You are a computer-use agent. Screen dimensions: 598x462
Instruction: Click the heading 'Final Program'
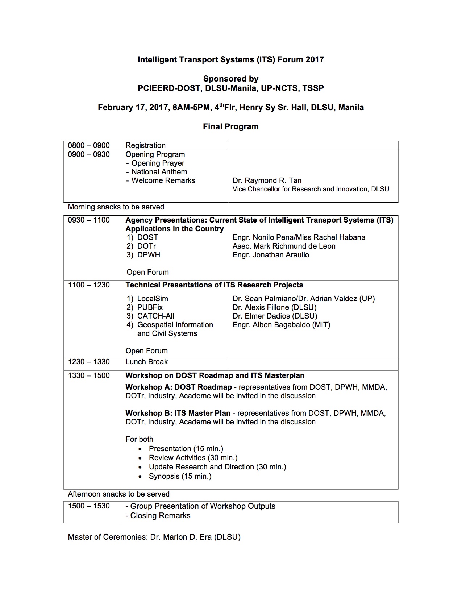(230, 127)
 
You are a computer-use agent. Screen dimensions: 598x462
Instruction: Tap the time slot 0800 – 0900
(89, 145)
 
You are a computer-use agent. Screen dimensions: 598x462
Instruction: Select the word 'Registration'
(145, 145)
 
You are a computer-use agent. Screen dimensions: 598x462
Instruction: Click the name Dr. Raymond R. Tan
(267, 180)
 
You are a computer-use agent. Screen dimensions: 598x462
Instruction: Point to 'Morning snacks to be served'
(116, 207)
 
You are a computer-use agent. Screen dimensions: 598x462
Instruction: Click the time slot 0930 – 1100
(89, 220)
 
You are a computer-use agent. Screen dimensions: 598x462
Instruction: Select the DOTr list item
(146, 246)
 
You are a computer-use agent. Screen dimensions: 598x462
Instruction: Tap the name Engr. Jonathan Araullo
(271, 255)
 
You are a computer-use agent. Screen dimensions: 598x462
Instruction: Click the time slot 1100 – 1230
(89, 285)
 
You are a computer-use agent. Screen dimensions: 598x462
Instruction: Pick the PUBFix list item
(150, 307)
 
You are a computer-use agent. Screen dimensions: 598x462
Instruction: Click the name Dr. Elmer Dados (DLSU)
(275, 316)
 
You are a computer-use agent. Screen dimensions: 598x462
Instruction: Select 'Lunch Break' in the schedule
(146, 362)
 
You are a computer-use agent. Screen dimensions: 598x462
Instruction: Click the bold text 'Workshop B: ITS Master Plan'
(178, 413)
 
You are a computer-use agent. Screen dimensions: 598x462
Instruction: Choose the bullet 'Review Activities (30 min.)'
(193, 458)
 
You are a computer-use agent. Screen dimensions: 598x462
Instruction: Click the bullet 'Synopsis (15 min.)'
(180, 476)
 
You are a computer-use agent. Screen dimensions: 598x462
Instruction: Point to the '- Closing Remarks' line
(158, 516)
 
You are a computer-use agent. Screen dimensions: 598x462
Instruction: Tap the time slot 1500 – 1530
(89, 506)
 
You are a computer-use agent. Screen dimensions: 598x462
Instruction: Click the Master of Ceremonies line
(154, 537)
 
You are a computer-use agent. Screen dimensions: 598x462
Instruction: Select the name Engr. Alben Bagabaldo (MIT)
(281, 325)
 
